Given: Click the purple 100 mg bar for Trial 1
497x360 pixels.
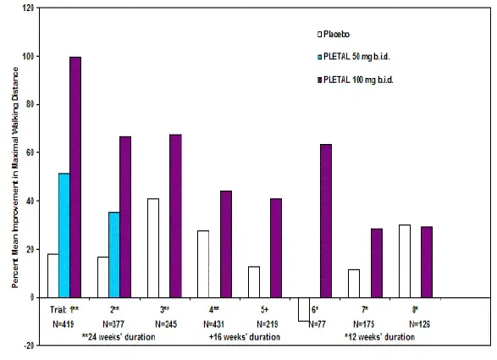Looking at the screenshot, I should tap(75, 177).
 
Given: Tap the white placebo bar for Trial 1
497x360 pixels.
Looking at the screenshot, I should tap(52, 275).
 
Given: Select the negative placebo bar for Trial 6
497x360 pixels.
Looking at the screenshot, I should tap(303, 309).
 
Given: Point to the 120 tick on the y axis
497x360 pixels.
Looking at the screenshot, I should tap(30, 8).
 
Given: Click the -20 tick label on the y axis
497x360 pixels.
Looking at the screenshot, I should tap(30, 346).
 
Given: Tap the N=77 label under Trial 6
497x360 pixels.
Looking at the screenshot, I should tap(314, 324).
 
